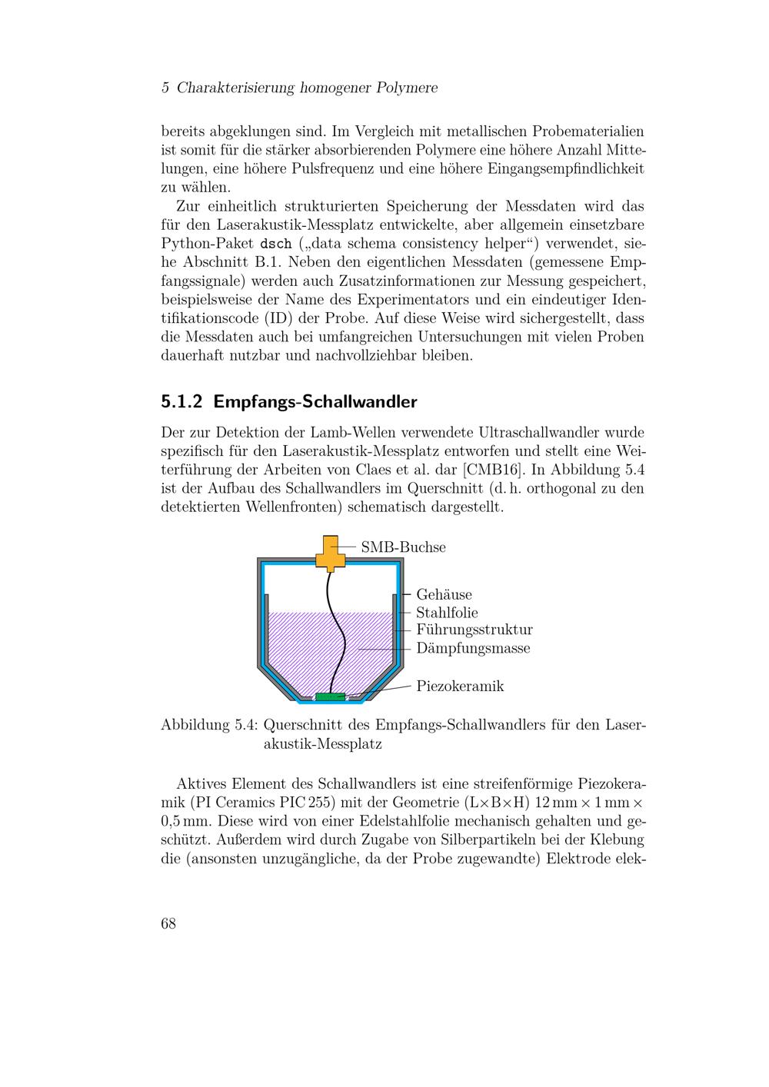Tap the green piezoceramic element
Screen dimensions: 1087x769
pos(331,696)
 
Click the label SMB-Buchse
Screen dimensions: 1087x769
pos(403,547)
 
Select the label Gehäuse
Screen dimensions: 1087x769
pos(444,594)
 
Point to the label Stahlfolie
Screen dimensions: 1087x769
pos(447,613)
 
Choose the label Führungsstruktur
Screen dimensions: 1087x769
pos(474,630)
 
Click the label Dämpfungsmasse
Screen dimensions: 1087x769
pos(473,648)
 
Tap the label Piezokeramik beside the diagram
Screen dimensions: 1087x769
pos(460,686)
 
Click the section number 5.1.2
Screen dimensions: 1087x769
pos(182,402)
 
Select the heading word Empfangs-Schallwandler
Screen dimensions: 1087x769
pos(315,402)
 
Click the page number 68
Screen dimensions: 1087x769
pos(168,923)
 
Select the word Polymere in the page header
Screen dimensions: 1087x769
pos(407,88)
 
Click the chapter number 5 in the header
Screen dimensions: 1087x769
pos(165,88)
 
